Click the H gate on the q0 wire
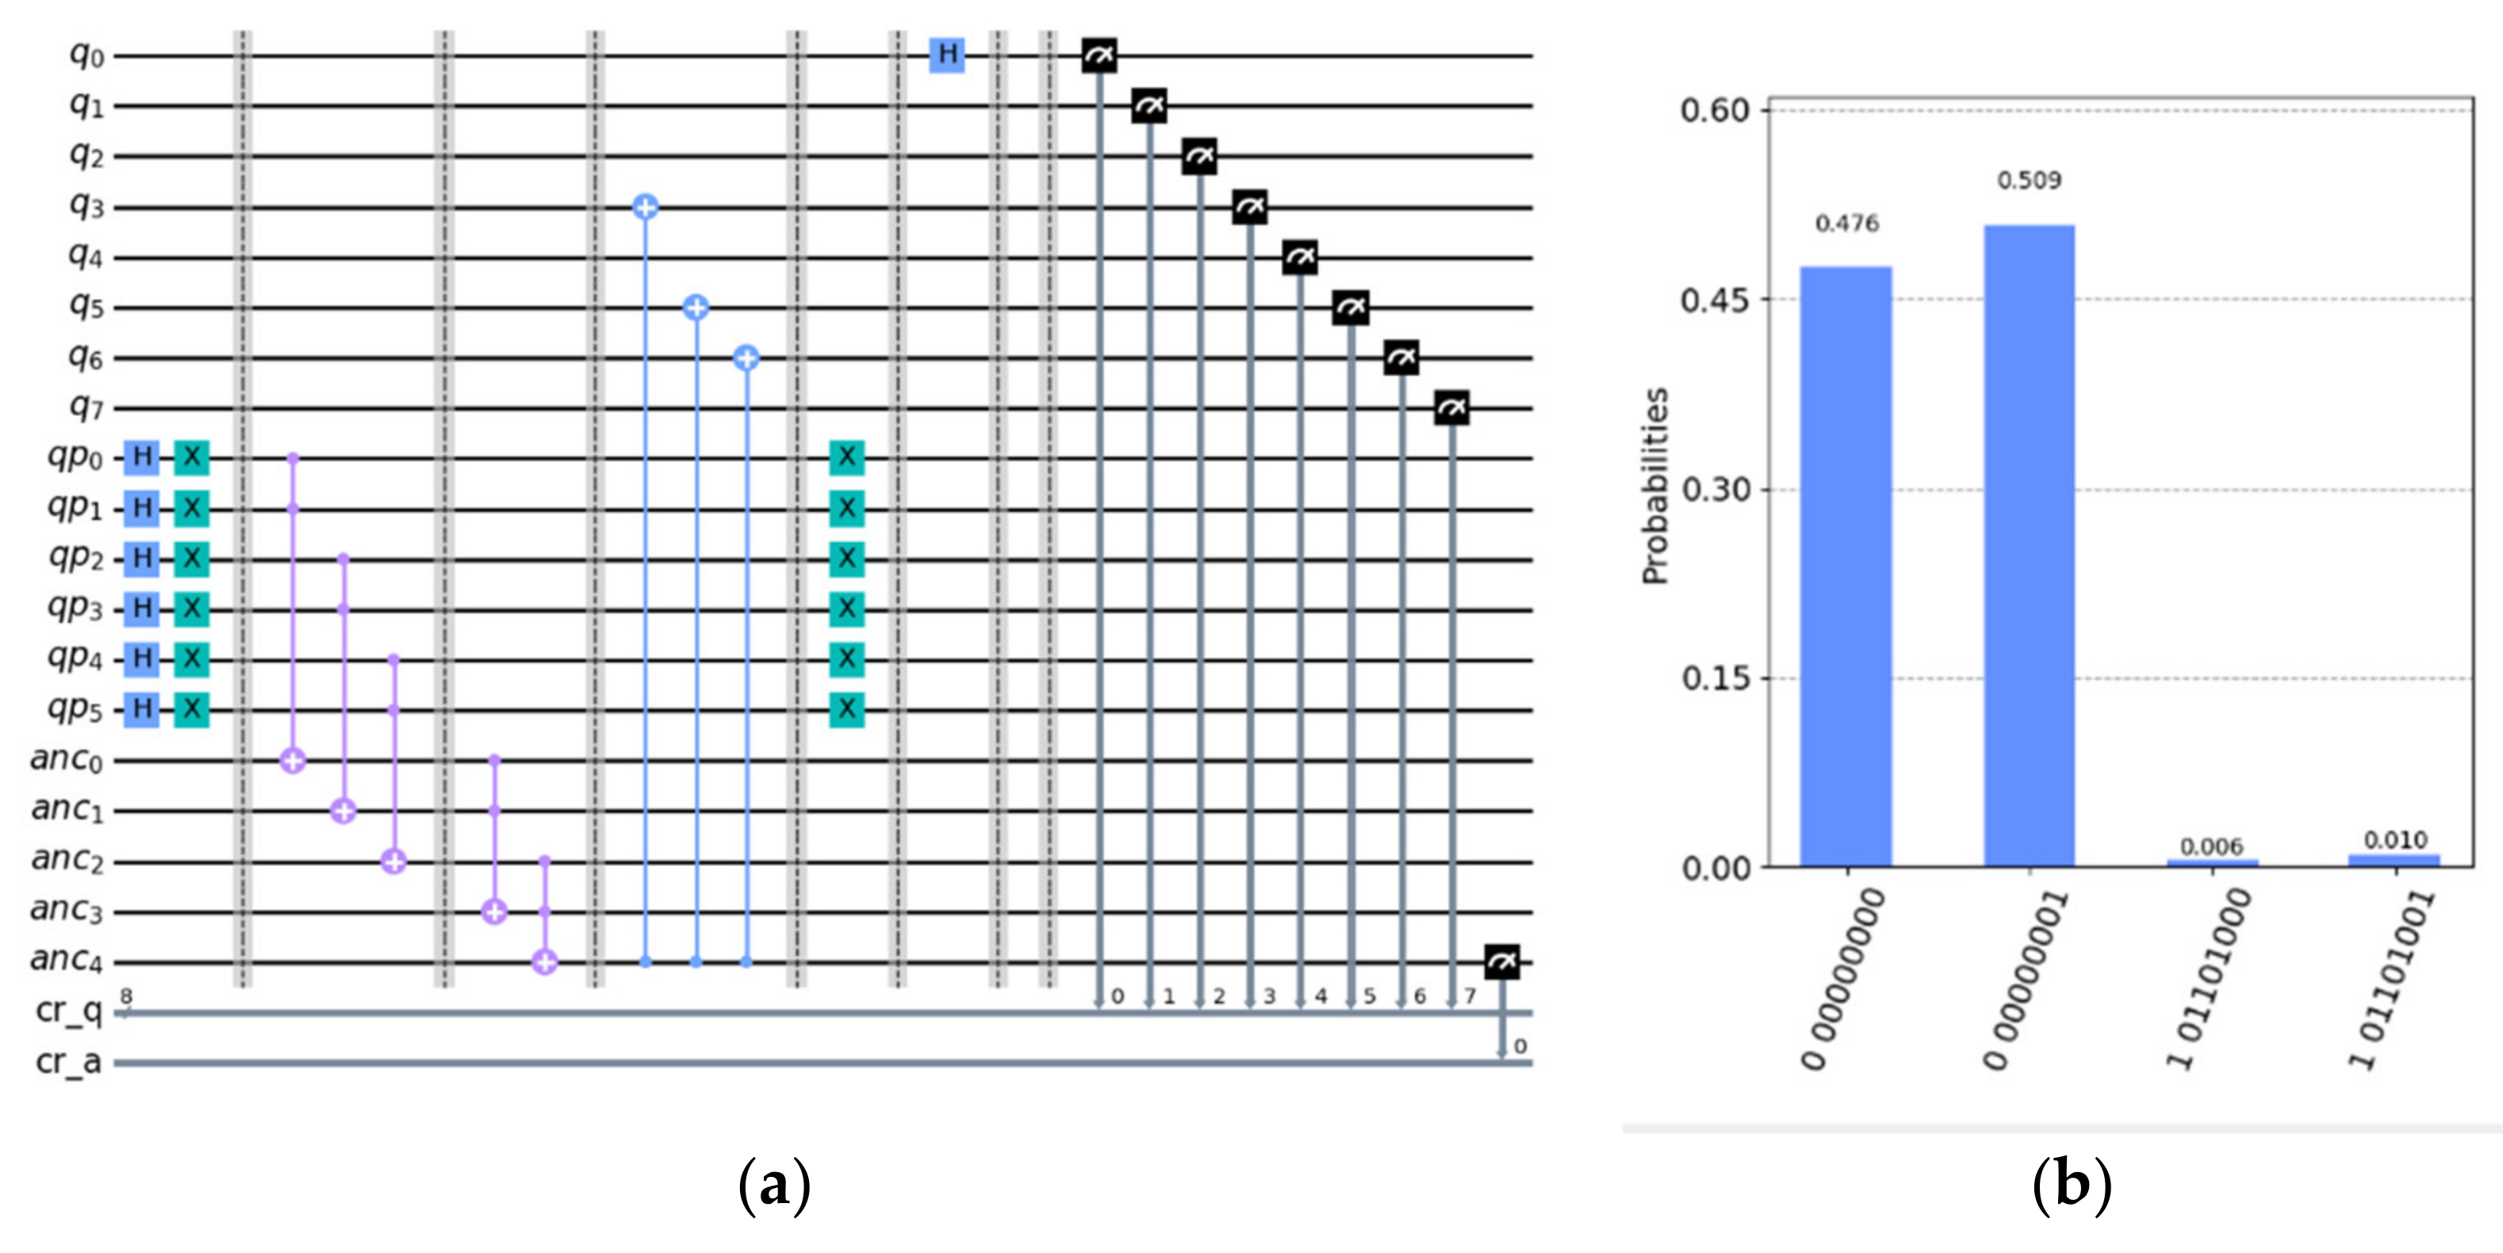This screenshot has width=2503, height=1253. coord(946,55)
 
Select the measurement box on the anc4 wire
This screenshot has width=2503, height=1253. coord(1501,963)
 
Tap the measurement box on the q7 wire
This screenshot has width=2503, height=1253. coord(1451,409)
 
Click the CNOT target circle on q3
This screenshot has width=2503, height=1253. coord(646,207)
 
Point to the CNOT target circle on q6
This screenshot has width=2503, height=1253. coord(746,358)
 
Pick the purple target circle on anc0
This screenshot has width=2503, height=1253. coord(293,761)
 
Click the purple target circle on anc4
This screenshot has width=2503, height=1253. coord(545,963)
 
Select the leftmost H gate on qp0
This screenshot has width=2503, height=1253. coord(142,456)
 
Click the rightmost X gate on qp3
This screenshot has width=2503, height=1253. coord(846,609)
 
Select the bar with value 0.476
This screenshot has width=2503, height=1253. coord(1846,565)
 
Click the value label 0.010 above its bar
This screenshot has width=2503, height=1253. coord(2395,839)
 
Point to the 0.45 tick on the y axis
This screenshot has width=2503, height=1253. coord(1715,299)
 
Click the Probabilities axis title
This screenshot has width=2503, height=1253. coord(1654,486)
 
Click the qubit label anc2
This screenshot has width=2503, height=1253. coord(66,860)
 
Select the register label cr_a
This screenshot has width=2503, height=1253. coord(68,1063)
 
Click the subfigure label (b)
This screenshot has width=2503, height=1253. coord(2072,1185)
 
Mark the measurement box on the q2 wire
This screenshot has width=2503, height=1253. coord(1199,155)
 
